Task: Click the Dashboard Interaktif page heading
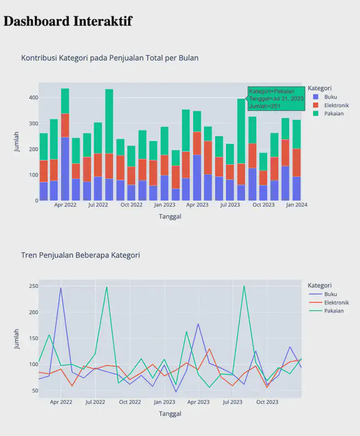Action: (x=68, y=21)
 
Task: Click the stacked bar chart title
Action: (x=110, y=58)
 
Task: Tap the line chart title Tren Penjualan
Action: (x=80, y=255)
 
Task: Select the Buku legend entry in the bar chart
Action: (x=330, y=97)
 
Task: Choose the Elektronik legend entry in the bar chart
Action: (x=335, y=105)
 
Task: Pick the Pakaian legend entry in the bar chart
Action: (x=333, y=113)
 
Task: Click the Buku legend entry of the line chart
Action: (x=330, y=294)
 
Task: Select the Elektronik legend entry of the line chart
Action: (x=335, y=302)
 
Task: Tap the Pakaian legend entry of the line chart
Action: (x=333, y=311)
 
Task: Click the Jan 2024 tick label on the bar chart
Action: (x=297, y=205)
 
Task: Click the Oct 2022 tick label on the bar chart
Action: (x=131, y=205)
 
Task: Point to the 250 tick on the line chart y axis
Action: (x=33, y=286)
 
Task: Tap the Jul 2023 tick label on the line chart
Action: (x=233, y=402)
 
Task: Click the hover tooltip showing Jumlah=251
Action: (x=276, y=99)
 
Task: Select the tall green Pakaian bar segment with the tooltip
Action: (x=241, y=131)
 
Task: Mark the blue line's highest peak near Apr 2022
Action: (x=61, y=288)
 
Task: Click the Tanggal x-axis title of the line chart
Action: (x=170, y=414)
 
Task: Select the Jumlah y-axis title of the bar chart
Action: (x=17, y=141)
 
